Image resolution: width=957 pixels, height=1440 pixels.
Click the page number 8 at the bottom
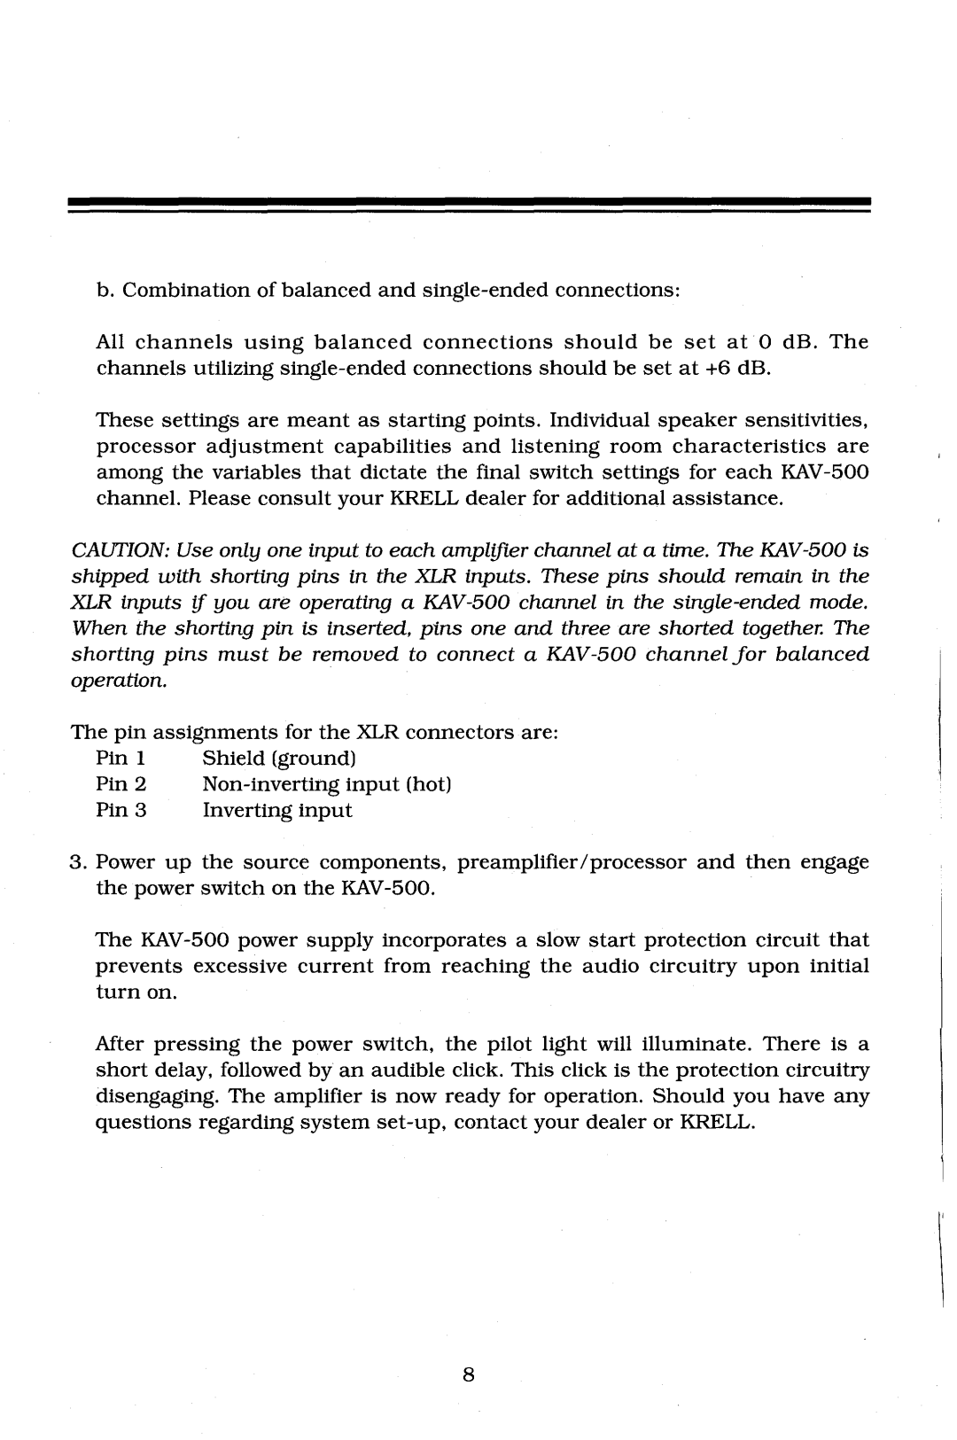(x=469, y=1374)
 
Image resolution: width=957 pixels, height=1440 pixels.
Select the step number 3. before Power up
(x=77, y=862)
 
